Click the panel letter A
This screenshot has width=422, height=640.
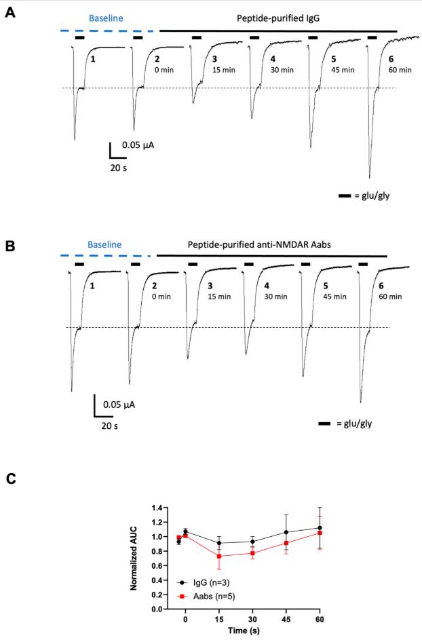pyautogui.click(x=10, y=13)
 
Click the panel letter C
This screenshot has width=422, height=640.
pyautogui.click(x=10, y=478)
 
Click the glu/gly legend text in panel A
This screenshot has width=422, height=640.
pyautogui.click(x=377, y=195)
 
